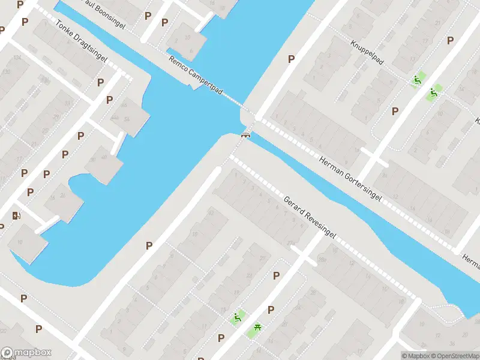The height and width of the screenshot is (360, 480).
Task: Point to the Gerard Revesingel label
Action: (310, 217)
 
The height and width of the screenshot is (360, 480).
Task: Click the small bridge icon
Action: (245, 134)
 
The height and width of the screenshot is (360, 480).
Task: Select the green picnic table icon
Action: (257, 326)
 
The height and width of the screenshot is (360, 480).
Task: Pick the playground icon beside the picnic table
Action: (238, 318)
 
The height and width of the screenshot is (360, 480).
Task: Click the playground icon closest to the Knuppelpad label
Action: (416, 80)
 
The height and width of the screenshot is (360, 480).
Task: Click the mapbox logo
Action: (26, 353)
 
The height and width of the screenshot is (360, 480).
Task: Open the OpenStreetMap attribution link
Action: (454, 356)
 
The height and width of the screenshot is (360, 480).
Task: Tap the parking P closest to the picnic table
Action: (271, 310)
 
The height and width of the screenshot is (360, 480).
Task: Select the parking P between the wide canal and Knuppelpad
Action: (292, 59)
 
